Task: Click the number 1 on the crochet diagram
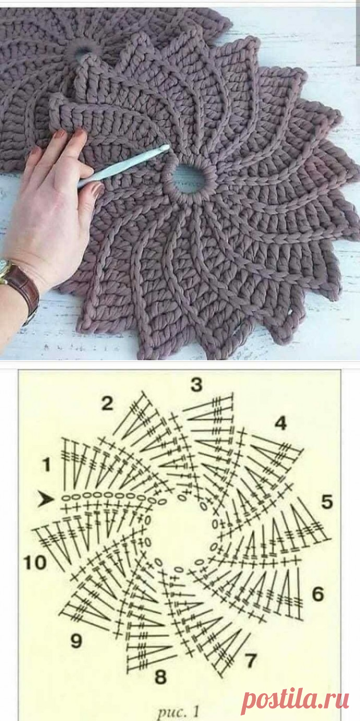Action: [47, 465]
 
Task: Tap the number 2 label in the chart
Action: [107, 404]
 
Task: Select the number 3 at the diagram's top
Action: [196, 384]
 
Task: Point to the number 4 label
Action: [280, 423]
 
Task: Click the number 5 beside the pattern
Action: [327, 502]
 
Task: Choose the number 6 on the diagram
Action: [318, 594]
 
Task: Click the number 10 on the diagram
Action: [35, 563]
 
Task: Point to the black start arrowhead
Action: [46, 499]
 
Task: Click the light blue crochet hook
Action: [123, 166]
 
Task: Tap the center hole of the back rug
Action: [83, 51]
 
